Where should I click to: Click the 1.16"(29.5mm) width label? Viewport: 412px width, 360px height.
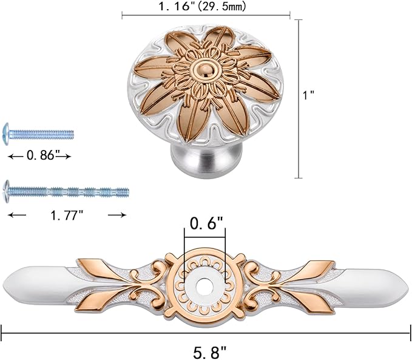pyautogui.click(x=202, y=6)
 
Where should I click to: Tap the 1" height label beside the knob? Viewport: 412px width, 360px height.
pyautogui.click(x=308, y=95)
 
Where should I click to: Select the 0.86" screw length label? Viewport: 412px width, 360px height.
pyautogui.click(x=41, y=155)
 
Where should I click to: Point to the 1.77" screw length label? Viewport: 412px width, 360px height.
pyautogui.click(x=67, y=216)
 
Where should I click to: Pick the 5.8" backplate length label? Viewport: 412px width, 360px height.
pyautogui.click(x=209, y=352)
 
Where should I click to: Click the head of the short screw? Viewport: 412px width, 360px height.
pyautogui.click(x=6, y=134)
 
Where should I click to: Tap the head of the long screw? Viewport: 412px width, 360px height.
pyautogui.click(x=6, y=191)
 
